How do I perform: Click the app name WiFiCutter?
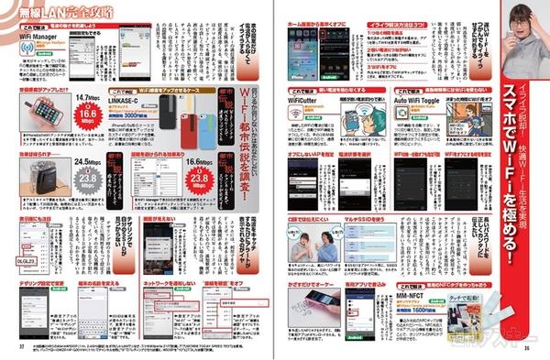[305, 103]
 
